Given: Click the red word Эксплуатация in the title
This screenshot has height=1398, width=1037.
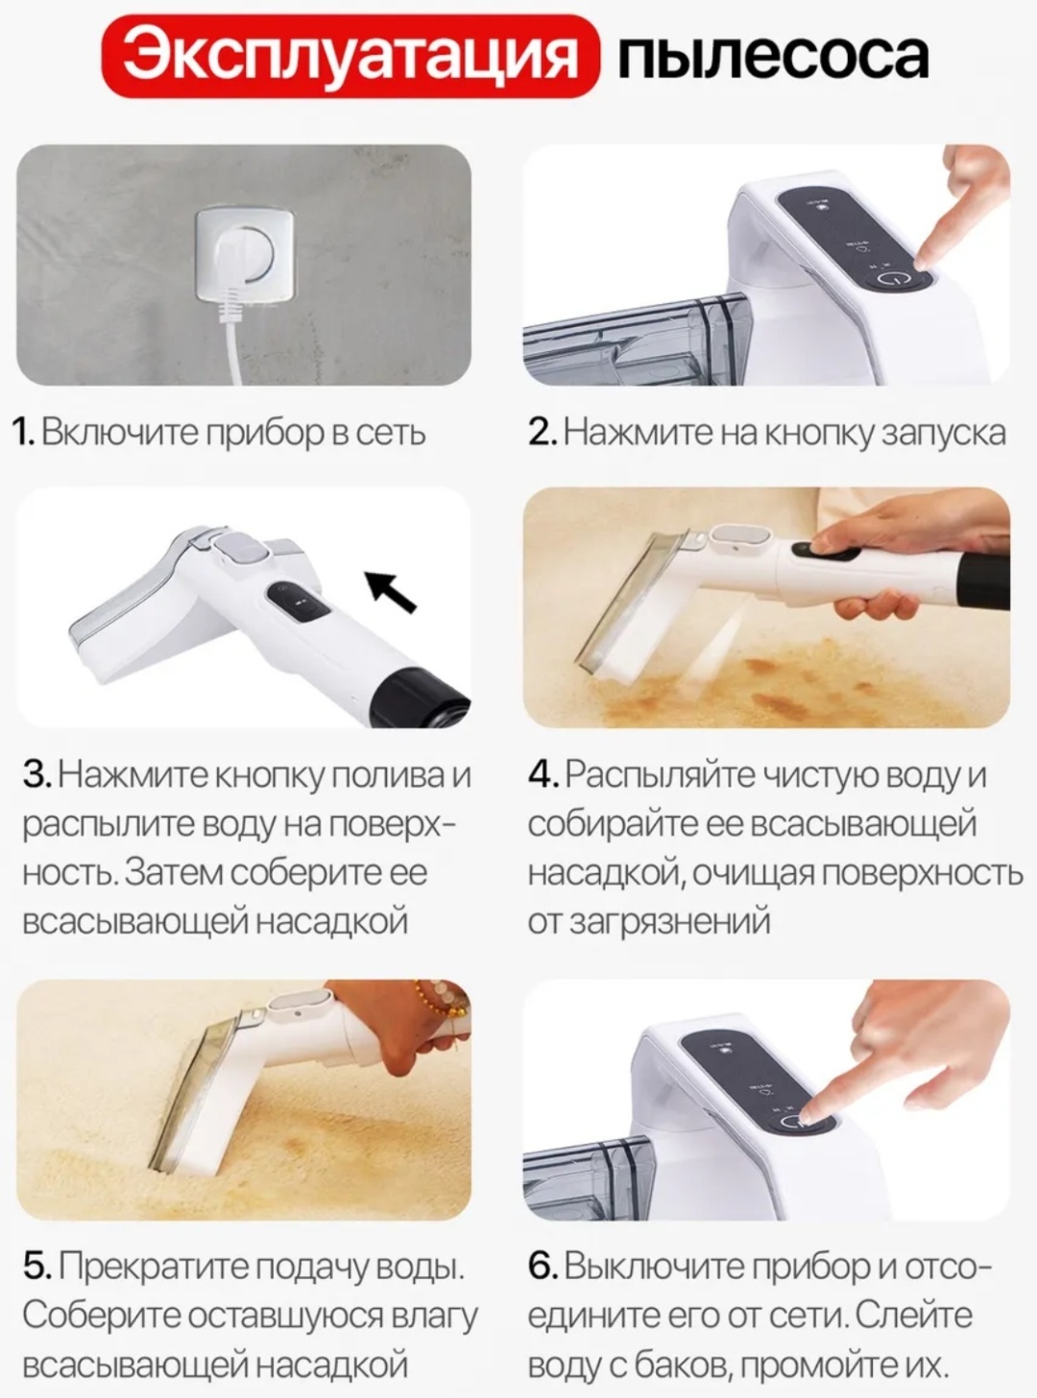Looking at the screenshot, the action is click(350, 58).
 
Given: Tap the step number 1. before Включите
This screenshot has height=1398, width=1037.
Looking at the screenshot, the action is click(25, 433).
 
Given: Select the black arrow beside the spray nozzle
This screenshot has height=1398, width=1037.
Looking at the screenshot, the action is click(391, 591).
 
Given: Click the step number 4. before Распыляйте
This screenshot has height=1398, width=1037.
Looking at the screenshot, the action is click(543, 774).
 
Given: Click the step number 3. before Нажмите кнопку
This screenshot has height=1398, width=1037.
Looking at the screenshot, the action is click(37, 774).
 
